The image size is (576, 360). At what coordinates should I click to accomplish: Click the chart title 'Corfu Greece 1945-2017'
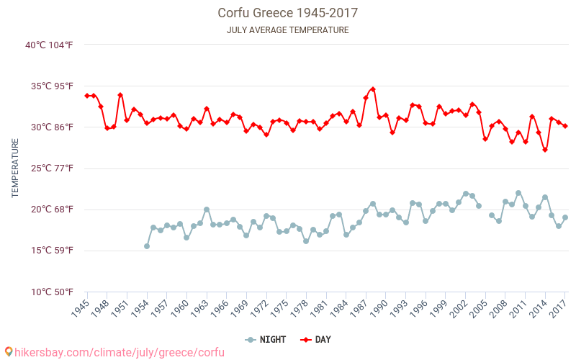(x=288, y=13)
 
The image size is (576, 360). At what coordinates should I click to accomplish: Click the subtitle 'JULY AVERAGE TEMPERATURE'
(x=288, y=30)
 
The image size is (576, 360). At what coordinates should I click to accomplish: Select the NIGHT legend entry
(x=266, y=339)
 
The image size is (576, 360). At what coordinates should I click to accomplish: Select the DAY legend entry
(x=316, y=339)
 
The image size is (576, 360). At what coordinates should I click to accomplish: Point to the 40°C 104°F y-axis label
(x=49, y=45)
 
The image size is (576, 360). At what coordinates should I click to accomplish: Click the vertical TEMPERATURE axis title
(x=15, y=168)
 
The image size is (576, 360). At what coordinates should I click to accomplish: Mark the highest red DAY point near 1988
(x=372, y=89)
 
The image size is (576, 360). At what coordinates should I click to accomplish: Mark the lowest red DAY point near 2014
(x=545, y=150)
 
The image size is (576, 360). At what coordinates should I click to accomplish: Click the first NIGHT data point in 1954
(x=147, y=246)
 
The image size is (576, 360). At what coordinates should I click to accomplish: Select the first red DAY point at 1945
(x=87, y=96)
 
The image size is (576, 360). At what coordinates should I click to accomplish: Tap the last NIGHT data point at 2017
(x=565, y=217)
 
